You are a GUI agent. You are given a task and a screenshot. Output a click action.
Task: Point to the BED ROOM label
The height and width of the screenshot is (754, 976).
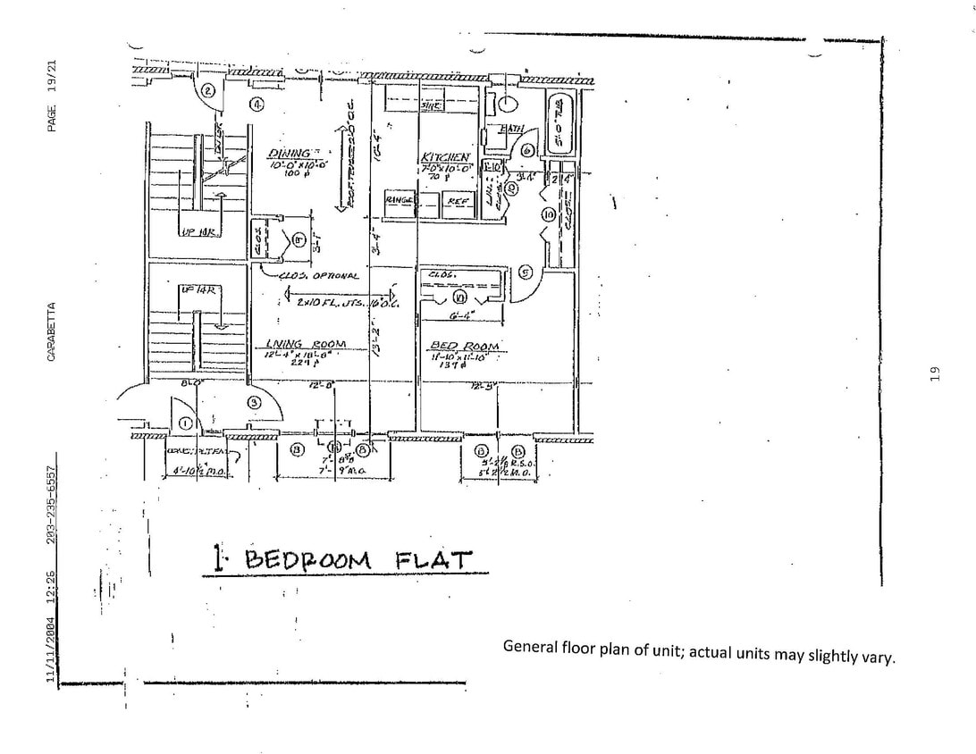[465, 346]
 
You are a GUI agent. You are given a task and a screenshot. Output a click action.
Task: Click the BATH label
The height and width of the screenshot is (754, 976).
[511, 130]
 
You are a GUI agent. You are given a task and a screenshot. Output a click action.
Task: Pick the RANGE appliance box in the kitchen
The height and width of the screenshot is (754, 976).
[399, 200]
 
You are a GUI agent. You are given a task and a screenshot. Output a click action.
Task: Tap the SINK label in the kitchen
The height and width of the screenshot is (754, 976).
[430, 106]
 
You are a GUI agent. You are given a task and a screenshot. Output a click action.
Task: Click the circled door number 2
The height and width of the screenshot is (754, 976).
[207, 90]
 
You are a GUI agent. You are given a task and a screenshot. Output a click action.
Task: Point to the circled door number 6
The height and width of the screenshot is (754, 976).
[527, 152]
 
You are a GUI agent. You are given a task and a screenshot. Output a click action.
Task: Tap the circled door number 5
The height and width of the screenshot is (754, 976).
[526, 272]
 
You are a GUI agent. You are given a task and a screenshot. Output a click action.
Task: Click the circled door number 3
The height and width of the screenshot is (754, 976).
[254, 403]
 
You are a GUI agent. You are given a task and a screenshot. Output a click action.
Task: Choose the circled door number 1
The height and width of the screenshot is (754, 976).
[185, 423]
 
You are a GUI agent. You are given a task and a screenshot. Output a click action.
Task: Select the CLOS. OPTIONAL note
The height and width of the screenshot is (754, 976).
[318, 276]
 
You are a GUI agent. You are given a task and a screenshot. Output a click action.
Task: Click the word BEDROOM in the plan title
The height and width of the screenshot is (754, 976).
[307, 560]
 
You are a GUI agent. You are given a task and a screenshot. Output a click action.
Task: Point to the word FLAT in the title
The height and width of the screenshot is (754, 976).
[433, 559]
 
